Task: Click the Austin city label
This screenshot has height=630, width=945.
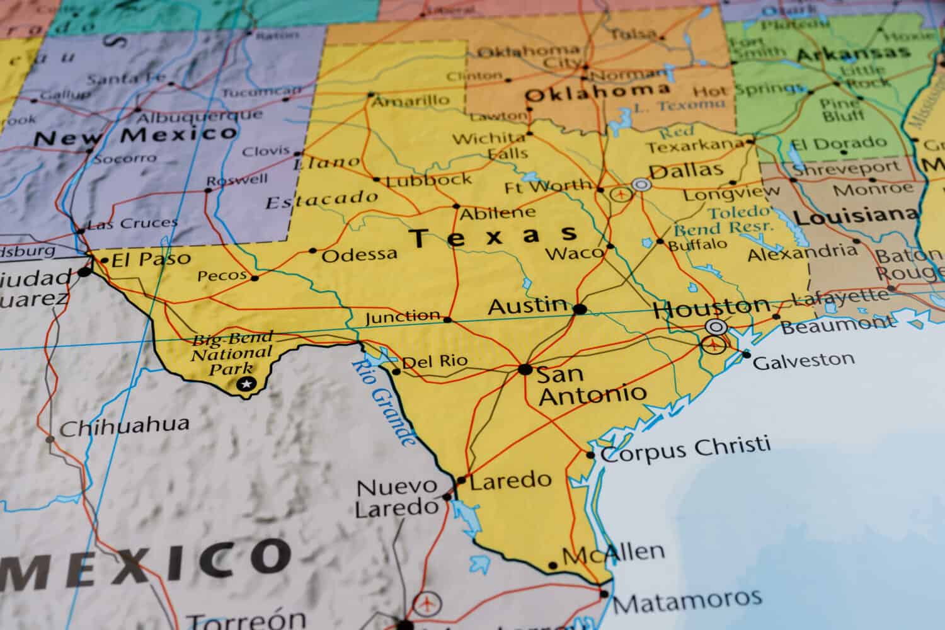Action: point(528,307)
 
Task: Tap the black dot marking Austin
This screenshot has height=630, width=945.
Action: point(580,309)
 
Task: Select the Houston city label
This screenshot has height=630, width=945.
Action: point(711,309)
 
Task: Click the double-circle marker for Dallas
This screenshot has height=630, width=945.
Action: point(641,185)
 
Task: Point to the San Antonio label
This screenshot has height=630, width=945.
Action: point(591,384)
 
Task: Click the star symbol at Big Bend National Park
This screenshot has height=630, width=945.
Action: point(246,384)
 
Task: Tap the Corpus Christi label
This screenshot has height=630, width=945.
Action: point(685,449)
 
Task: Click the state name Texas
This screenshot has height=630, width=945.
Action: point(493,236)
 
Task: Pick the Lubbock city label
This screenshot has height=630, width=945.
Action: point(429,180)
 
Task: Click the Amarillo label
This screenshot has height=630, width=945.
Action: point(411,100)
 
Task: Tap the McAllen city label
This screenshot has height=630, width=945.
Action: point(613,554)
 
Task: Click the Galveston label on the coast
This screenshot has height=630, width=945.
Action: point(804,360)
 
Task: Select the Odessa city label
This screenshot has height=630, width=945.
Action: point(360,255)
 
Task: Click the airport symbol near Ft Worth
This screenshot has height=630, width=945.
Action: point(622,194)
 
